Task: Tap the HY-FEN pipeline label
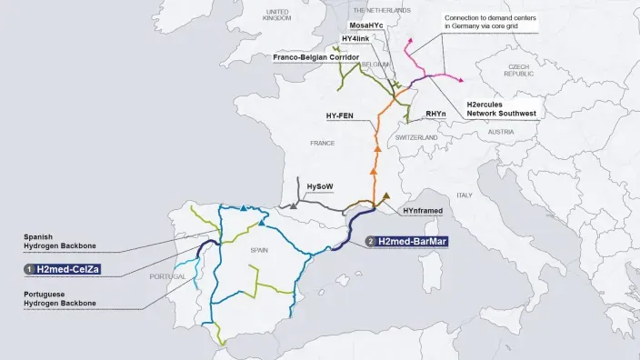point(340,116)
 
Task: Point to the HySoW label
point(320,185)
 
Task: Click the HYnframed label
point(424,210)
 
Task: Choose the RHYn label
point(435,115)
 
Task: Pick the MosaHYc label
point(369,25)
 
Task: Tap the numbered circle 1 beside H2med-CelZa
point(28,269)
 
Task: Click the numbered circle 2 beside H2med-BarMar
point(370,241)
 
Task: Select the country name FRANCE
point(323,143)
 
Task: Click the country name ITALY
point(465,195)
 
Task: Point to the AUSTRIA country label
point(501,132)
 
